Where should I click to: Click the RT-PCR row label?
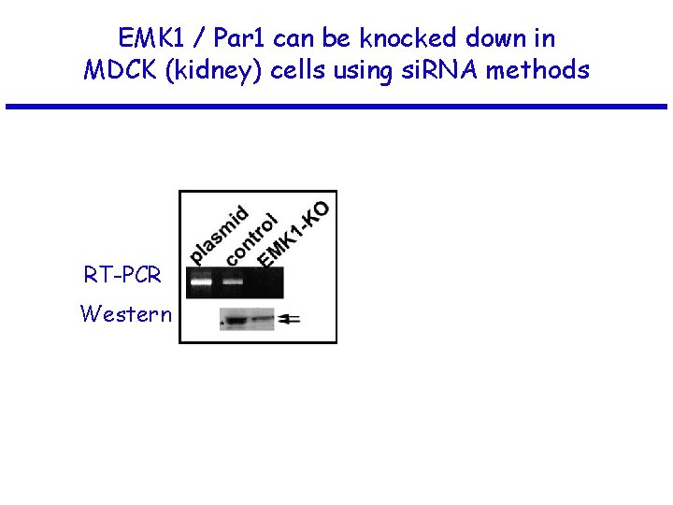(122, 275)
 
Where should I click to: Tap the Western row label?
(126, 313)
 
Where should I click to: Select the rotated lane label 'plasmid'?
(219, 233)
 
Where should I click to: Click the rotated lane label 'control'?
(251, 239)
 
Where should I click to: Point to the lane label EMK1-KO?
(292, 232)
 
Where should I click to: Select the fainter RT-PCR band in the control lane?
(233, 281)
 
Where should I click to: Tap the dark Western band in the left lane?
(236, 321)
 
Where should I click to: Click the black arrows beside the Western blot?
(290, 319)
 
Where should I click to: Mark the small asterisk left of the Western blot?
(222, 324)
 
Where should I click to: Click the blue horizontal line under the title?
(336, 107)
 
